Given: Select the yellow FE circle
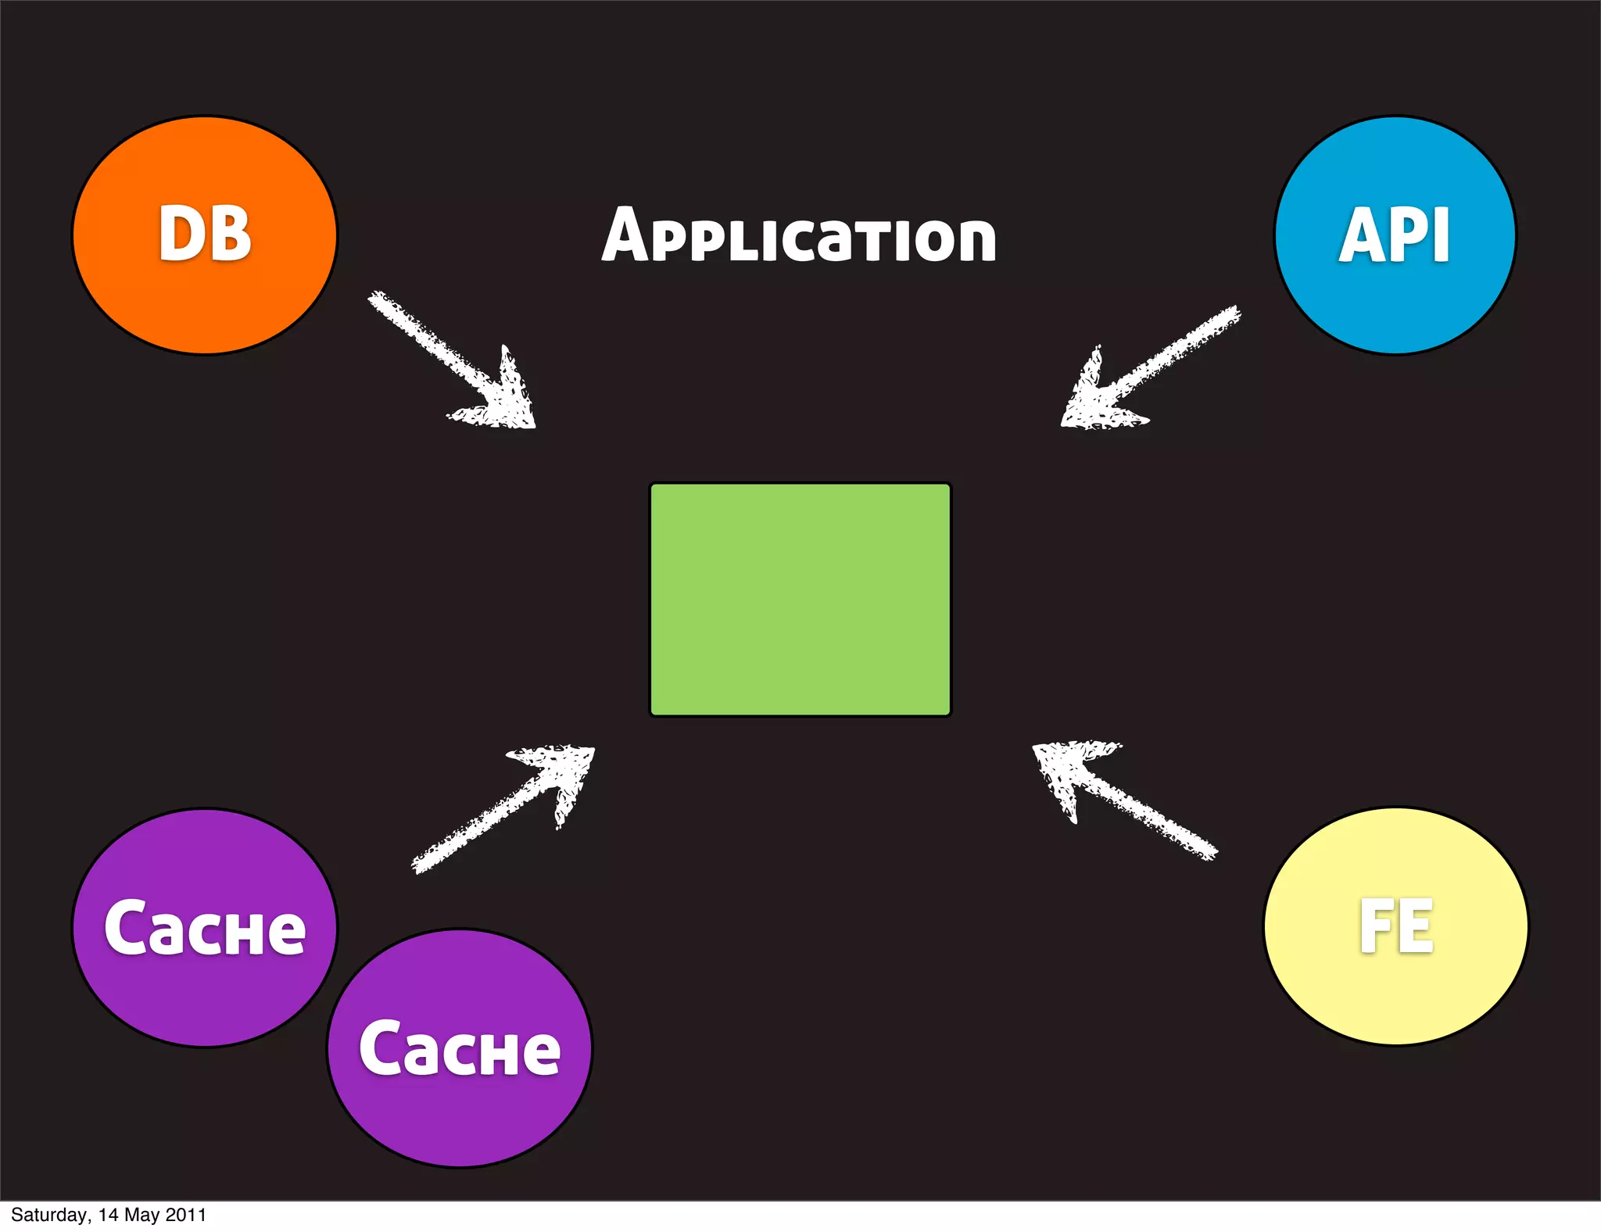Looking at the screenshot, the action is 1395,993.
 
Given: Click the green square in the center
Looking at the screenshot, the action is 800,600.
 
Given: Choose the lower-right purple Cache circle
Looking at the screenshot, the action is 460,1118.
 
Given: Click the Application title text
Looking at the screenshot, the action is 799,235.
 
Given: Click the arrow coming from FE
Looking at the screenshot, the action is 1134,805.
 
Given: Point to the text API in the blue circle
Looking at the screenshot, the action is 1395,235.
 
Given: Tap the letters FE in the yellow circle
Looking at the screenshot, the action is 1396,926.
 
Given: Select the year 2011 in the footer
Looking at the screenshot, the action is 186,1215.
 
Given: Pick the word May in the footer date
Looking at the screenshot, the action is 141,1215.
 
